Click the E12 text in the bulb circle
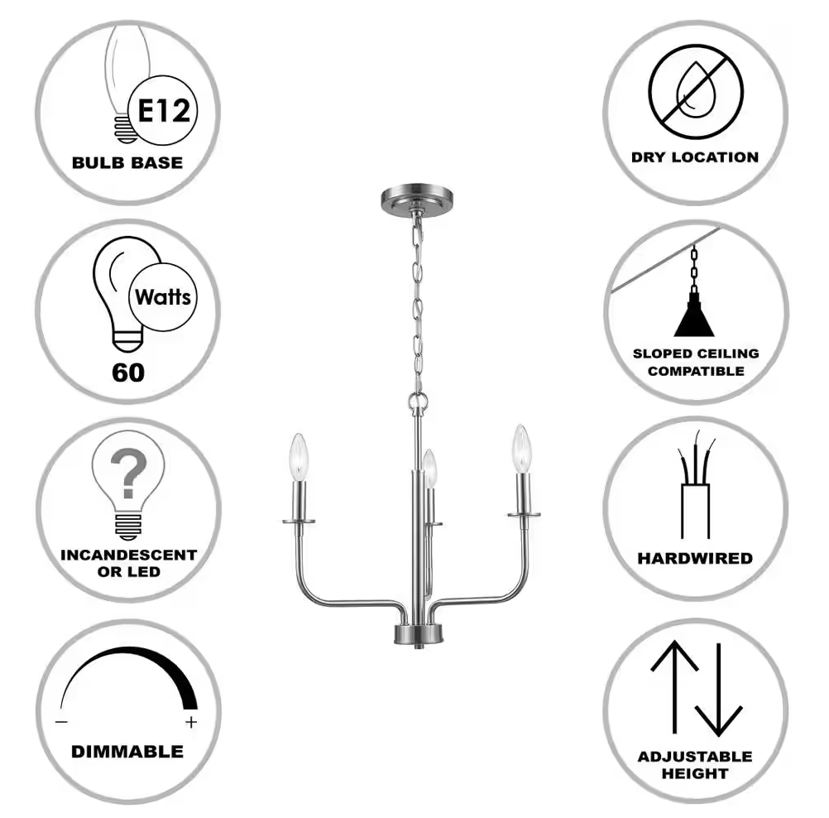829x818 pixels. [x=164, y=111]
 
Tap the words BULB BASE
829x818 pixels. [x=127, y=162]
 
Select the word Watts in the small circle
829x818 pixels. [x=163, y=297]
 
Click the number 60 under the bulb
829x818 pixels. [x=128, y=373]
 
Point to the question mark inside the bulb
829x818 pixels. [x=128, y=473]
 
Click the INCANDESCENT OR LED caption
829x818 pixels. [x=128, y=563]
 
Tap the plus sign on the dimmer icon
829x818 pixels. [x=191, y=722]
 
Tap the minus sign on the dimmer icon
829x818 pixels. [x=61, y=722]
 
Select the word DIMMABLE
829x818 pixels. [x=127, y=751]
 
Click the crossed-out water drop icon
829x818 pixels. [x=696, y=92]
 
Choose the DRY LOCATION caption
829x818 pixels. [x=695, y=157]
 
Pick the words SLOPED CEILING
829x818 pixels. [x=696, y=354]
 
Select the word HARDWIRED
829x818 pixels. [x=695, y=558]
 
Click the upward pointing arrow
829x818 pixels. [x=674, y=687]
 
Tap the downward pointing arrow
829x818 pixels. [x=719, y=690]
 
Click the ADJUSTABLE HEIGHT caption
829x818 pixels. [x=695, y=764]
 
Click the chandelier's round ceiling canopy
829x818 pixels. [x=417, y=199]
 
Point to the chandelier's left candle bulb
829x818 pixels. [x=299, y=457]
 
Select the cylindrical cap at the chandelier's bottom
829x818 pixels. [x=418, y=634]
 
